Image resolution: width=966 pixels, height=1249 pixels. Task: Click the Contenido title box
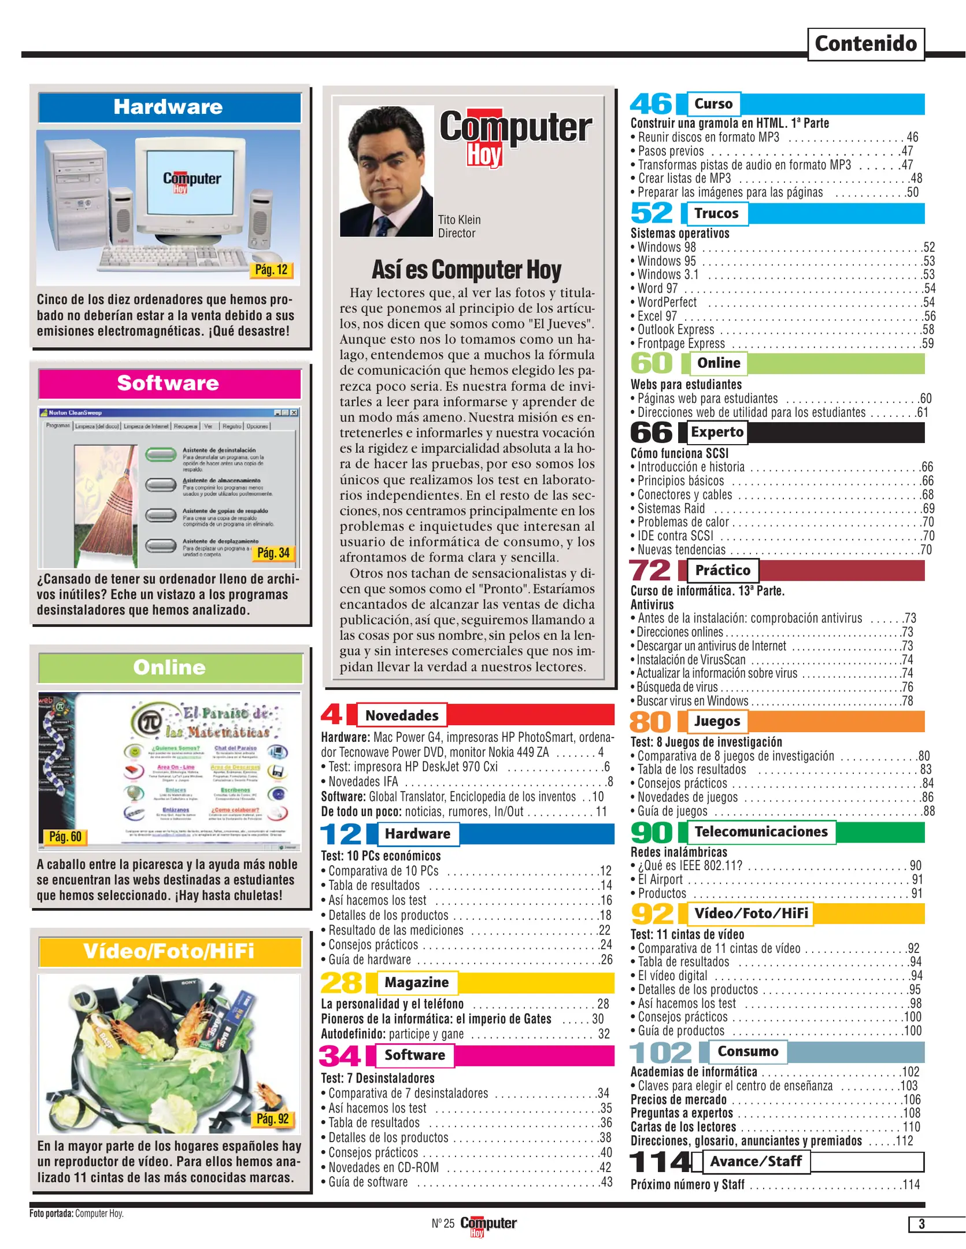[865, 44]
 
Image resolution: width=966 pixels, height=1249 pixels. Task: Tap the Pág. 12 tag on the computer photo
[271, 269]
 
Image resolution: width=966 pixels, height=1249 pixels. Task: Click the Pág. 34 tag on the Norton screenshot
[273, 553]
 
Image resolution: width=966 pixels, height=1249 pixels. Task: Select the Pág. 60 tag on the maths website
[65, 836]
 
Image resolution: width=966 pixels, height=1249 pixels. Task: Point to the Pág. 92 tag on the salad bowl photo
[273, 1119]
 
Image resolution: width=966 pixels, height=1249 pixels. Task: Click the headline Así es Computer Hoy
[466, 269]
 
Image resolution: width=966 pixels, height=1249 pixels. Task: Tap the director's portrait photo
[386, 171]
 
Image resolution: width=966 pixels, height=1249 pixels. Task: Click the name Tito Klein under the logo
[459, 220]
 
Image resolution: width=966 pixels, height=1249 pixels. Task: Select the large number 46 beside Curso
[652, 104]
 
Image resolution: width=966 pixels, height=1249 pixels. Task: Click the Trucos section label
[716, 213]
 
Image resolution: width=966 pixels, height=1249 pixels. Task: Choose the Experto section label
[717, 432]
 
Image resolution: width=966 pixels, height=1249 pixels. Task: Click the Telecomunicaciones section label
[761, 832]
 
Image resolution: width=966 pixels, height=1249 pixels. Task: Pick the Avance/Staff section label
[756, 1161]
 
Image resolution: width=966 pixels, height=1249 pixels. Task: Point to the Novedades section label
[402, 715]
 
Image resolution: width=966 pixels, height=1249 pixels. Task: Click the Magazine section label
[416, 982]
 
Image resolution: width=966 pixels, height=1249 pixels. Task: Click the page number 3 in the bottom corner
[921, 1224]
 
